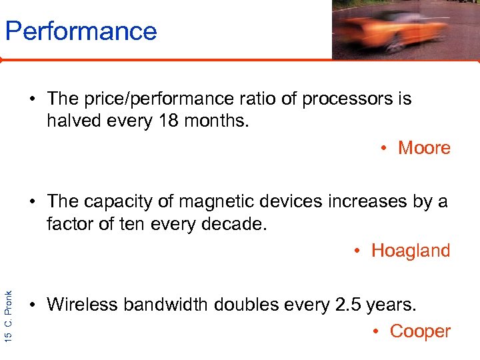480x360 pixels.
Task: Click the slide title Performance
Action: [81, 31]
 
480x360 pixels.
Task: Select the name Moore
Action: [424, 148]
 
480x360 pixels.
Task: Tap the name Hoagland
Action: [411, 251]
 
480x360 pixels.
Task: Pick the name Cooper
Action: [420, 331]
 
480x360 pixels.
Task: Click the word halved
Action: [75, 121]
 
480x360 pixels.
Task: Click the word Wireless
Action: [85, 305]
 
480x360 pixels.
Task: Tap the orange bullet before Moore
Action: [385, 149]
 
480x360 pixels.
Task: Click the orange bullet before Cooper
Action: [376, 332]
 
